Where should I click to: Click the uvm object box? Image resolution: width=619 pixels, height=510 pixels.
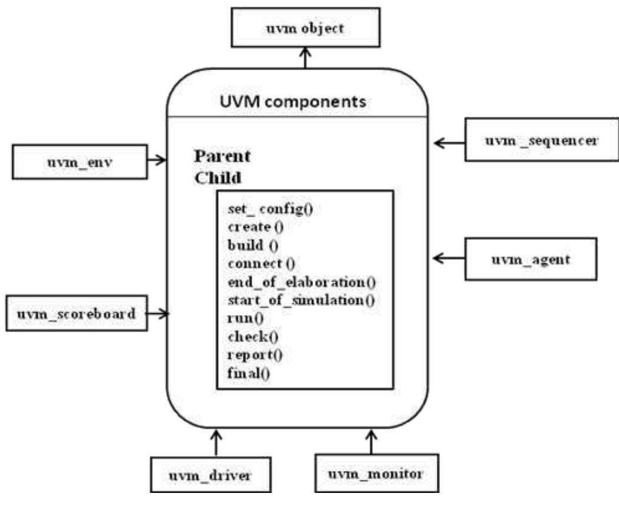point(305,28)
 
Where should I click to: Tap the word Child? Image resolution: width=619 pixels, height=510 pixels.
point(216,178)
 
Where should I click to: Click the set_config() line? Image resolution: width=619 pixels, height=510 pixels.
point(270,210)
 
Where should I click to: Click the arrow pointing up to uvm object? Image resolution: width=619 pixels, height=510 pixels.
point(305,59)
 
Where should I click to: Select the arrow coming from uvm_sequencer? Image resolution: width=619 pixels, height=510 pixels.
point(449,142)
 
